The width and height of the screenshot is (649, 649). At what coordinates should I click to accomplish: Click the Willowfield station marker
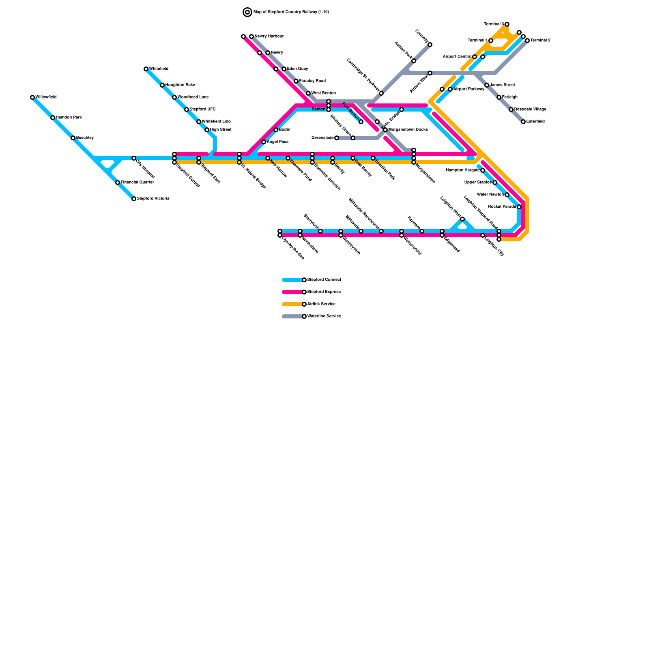click(x=32, y=97)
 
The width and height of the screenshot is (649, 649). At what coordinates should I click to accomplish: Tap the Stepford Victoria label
click(x=153, y=199)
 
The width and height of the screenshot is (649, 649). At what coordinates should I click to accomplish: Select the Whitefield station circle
click(x=146, y=69)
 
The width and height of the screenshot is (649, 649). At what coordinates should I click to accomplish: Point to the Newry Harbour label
click(x=269, y=37)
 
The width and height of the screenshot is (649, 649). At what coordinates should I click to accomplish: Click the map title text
click(x=291, y=12)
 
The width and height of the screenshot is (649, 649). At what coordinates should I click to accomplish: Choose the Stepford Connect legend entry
click(x=324, y=280)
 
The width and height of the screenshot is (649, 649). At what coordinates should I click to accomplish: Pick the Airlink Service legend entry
click(x=321, y=304)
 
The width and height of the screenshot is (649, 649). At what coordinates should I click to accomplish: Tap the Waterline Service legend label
click(x=324, y=316)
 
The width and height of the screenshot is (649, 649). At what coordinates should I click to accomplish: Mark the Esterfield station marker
click(x=523, y=122)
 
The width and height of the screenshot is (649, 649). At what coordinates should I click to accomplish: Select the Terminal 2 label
click(x=540, y=41)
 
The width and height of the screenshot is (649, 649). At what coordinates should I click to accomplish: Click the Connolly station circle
click(x=430, y=45)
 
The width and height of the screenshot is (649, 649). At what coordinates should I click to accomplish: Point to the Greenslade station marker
click(x=337, y=138)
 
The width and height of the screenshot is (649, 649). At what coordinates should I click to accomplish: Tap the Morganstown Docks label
click(x=408, y=130)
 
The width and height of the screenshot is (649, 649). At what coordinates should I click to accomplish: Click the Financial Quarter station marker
click(x=118, y=183)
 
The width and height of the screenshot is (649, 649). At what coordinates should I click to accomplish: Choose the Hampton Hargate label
click(x=462, y=170)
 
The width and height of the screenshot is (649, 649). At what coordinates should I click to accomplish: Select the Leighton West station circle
click(x=462, y=219)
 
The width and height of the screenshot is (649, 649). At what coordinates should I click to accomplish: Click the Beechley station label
click(x=85, y=138)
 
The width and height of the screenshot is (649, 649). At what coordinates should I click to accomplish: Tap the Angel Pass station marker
click(x=264, y=142)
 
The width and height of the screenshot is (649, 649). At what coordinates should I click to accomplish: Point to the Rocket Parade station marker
click(x=519, y=207)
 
